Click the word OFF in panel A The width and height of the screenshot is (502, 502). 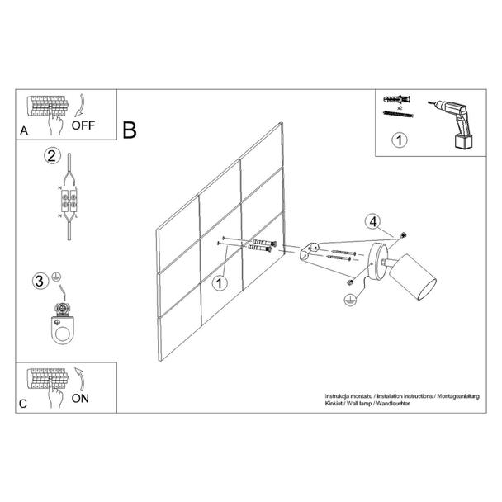[83, 125]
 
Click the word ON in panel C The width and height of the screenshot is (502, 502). [80, 398]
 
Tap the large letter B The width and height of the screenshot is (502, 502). [130, 130]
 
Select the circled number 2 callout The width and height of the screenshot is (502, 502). [52, 156]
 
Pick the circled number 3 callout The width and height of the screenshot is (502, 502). [40, 281]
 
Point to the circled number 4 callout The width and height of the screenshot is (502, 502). [373, 221]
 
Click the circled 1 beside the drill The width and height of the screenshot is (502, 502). [400, 140]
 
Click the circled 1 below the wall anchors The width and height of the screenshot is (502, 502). [220, 283]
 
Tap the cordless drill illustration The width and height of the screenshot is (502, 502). [452, 124]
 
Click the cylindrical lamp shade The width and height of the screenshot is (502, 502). [412, 277]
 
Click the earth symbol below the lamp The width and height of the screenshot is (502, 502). [351, 300]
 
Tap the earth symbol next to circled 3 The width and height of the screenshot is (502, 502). [56, 277]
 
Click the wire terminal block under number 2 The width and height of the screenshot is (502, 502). [69, 201]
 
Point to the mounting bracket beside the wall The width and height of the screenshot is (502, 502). [309, 251]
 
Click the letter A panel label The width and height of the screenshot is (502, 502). [24, 130]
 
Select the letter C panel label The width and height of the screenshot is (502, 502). [23, 404]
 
